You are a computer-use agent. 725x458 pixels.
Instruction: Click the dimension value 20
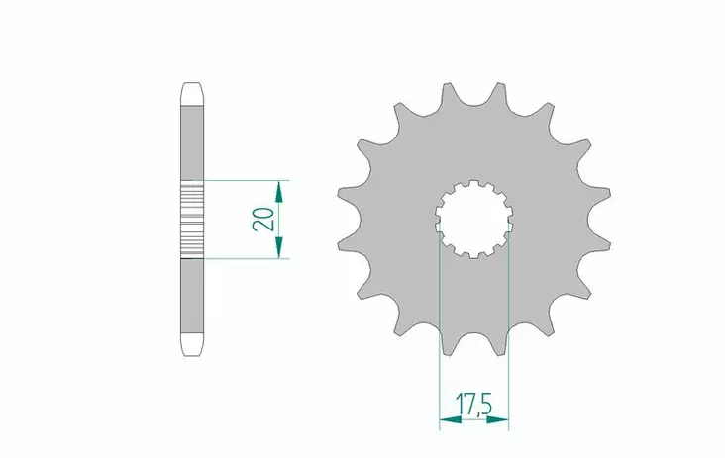tap(263, 220)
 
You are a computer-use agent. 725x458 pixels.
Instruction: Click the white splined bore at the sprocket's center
tap(472, 219)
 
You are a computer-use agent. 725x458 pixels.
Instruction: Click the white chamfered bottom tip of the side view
tap(192, 346)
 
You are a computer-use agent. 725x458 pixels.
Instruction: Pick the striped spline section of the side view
tap(192, 220)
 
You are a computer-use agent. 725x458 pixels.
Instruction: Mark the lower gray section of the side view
tap(192, 297)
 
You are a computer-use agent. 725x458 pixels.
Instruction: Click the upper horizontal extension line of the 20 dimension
tap(248, 181)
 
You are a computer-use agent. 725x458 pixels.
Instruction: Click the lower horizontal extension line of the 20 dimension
tap(248, 259)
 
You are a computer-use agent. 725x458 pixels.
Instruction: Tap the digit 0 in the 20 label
tap(263, 213)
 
